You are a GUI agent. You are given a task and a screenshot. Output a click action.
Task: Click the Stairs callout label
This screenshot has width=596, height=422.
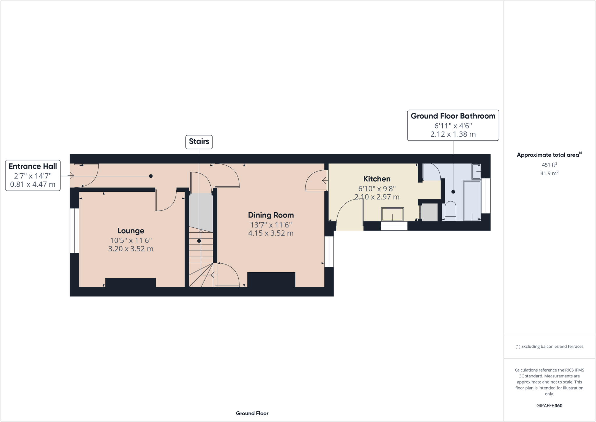(x=199, y=142)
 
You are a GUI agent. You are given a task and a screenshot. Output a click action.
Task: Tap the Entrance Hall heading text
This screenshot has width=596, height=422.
(x=33, y=166)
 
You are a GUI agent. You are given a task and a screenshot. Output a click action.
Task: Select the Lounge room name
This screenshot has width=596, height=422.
(x=131, y=231)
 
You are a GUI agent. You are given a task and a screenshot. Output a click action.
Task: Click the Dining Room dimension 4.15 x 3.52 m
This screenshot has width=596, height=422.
(x=271, y=233)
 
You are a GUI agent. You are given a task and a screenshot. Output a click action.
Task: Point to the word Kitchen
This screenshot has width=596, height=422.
(x=377, y=179)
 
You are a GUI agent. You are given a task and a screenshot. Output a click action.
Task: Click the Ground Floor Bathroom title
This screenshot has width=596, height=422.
(x=453, y=116)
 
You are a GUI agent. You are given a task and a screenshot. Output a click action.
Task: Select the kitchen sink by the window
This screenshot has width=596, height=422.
(x=393, y=214)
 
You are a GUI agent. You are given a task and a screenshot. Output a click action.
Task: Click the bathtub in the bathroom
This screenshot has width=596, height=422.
(x=472, y=201)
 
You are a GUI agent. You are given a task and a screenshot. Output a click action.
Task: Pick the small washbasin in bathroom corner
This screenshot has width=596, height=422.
(x=476, y=171)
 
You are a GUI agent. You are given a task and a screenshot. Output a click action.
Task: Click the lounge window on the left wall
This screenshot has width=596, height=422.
(x=74, y=230)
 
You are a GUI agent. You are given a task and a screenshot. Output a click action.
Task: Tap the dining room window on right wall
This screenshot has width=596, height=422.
(x=329, y=252)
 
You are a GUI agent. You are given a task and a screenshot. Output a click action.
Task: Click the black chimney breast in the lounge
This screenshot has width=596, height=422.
(x=130, y=283)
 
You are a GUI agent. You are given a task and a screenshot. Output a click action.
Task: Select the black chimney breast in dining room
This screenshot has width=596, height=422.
(x=271, y=280)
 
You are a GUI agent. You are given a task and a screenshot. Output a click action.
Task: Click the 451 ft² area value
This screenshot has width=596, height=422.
(x=549, y=165)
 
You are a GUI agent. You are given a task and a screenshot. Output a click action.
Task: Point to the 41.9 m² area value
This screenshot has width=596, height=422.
(x=549, y=173)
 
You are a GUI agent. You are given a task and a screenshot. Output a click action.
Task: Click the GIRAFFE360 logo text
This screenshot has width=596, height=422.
(x=549, y=406)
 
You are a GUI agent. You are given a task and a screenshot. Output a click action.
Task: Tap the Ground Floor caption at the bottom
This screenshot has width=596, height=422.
(x=252, y=413)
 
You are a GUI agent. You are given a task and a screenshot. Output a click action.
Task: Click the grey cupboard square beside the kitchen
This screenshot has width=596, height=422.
(x=429, y=212)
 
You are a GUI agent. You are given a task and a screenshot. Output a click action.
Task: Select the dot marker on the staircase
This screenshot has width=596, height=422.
(x=199, y=241)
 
